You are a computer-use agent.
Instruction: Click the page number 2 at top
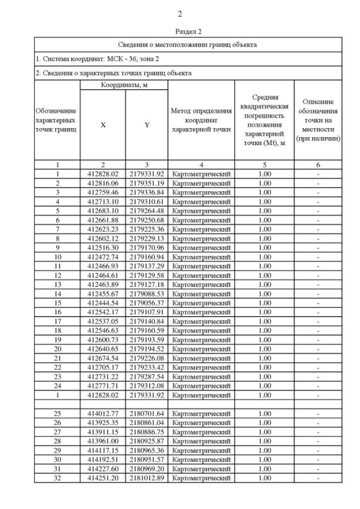point(180,14)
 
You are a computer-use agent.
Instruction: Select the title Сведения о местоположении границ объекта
point(188,44)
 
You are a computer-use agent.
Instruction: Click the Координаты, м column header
point(124,85)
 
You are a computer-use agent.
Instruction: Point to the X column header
point(103,125)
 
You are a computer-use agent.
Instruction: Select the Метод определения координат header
point(201,120)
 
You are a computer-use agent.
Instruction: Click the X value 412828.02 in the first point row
point(103,174)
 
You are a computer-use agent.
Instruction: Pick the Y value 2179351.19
point(146,183)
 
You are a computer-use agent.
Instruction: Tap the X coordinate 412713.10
point(103,201)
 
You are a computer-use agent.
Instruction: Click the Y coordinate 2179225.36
point(146,229)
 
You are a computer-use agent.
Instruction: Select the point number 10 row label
point(57,256)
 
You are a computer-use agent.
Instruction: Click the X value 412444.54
point(103,302)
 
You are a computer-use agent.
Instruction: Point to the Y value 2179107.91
point(146,311)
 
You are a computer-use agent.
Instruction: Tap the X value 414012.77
point(103,414)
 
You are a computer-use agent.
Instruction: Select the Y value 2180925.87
point(146,442)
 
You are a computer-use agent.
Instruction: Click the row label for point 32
point(57,478)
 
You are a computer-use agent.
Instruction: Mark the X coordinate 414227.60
point(103,469)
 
